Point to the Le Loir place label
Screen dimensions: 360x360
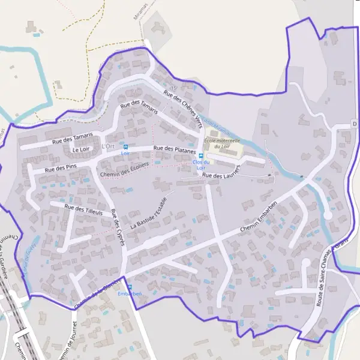(80, 149)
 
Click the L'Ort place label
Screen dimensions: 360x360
(108, 146)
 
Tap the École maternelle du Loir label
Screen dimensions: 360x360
(222, 143)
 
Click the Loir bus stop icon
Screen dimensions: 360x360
(125, 147)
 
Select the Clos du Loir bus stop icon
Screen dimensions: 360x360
(201, 156)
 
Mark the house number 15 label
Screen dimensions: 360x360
(173, 89)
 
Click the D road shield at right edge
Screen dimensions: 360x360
(355, 124)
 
